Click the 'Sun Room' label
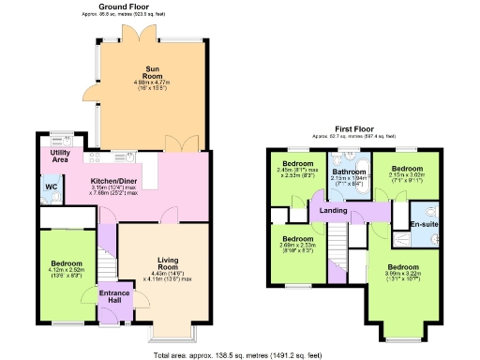pyautogui.click(x=152, y=70)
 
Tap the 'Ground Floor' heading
pyautogui.click(x=126, y=7)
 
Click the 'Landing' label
pyautogui.click(x=334, y=210)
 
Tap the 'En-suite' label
pyautogui.click(x=424, y=225)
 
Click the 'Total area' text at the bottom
pyautogui.click(x=240, y=355)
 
